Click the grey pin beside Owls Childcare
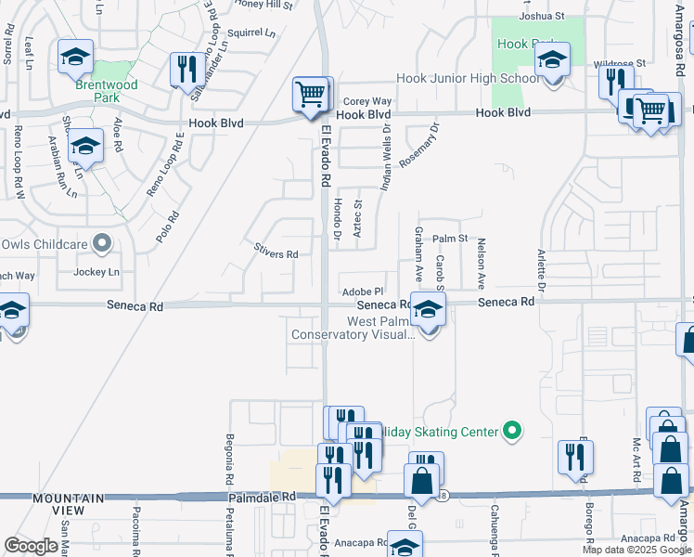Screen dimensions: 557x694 [x=103, y=245]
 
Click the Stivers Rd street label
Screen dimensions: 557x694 [x=276, y=253]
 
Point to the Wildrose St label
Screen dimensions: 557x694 [x=619, y=64]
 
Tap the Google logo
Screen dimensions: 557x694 [x=31, y=546]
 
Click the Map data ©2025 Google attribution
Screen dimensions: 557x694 [x=636, y=550]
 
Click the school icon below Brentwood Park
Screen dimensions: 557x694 [x=84, y=145]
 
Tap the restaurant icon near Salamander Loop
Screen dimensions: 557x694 [x=187, y=70]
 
